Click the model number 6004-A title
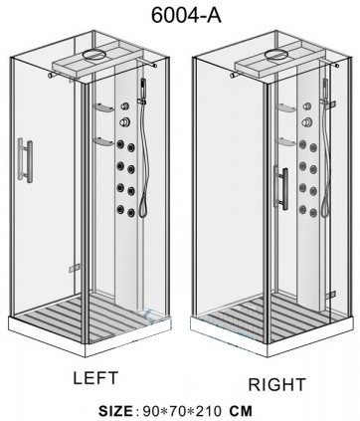(186, 15)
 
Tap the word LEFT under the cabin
(95, 378)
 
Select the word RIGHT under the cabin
(277, 384)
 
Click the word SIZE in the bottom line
(115, 411)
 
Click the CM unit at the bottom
(241, 411)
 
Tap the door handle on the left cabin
(26, 160)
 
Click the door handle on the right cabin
(280, 187)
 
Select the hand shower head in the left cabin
(144, 89)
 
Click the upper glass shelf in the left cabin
(103, 108)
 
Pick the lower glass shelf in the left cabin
(103, 142)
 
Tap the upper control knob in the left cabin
(125, 106)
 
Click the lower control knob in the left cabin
(125, 122)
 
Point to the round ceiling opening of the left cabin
(95, 54)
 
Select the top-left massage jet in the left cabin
(120, 144)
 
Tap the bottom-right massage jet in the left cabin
(131, 212)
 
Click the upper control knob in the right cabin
(307, 106)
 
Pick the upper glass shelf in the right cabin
(285, 108)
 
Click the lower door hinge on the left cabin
(75, 268)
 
